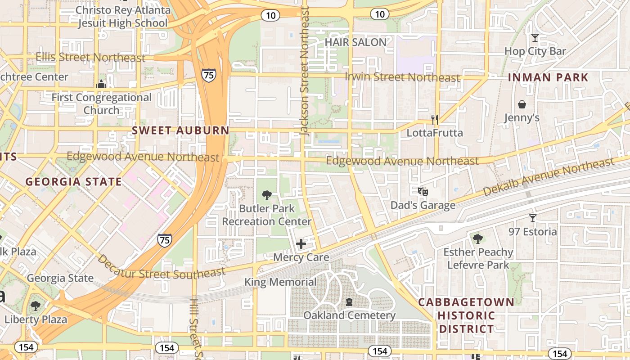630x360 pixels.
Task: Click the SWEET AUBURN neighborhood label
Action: (180, 130)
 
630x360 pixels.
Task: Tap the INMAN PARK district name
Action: (548, 77)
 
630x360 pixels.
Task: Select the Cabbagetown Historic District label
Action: (466, 315)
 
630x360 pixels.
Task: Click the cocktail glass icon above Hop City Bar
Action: (535, 38)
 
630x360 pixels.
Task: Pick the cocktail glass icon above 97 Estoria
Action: (533, 218)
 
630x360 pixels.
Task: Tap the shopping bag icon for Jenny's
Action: (522, 104)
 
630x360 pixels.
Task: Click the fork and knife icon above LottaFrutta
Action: (434, 119)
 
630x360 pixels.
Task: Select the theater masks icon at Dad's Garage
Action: (423, 192)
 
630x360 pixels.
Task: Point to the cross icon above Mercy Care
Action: (301, 244)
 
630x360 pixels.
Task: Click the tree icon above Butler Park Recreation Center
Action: (267, 195)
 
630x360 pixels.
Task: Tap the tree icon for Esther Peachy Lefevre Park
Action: (478, 238)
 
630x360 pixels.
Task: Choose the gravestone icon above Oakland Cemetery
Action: (349, 301)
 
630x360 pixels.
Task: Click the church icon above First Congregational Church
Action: (101, 84)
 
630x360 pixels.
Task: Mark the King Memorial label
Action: (280, 282)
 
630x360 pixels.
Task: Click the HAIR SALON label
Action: (355, 42)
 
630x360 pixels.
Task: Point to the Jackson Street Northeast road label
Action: (305, 72)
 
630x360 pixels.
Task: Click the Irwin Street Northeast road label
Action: (402, 76)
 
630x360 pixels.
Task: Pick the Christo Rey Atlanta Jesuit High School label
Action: (123, 17)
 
